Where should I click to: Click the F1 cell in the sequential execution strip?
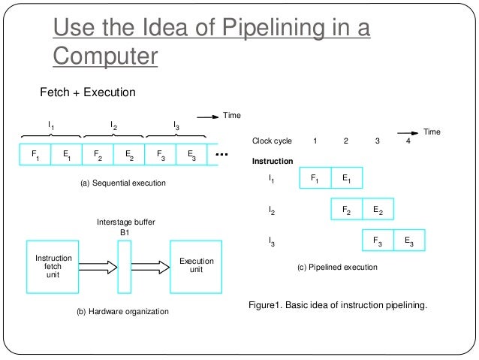[x=35, y=156]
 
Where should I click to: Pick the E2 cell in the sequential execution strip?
[x=129, y=156]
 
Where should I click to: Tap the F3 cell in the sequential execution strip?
[x=161, y=156]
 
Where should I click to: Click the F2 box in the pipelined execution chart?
[x=347, y=210]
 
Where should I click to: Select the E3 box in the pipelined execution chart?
[x=409, y=241]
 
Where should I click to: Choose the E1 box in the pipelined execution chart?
[x=346, y=179]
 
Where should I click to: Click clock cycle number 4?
[x=408, y=141]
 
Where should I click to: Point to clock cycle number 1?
[x=315, y=141]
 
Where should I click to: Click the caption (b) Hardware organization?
[x=123, y=311]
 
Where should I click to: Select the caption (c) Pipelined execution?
[x=338, y=267]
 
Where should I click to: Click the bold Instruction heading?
[x=273, y=162]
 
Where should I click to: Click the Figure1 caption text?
[x=338, y=304]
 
